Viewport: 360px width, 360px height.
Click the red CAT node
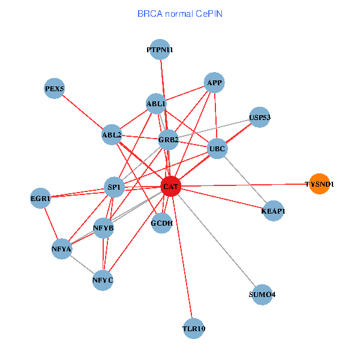coord(170,187)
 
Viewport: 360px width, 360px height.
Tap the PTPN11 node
coord(160,50)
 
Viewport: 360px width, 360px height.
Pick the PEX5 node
coord(54,89)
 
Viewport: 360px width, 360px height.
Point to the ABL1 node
coord(156,104)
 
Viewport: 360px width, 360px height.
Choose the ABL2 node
coord(112,134)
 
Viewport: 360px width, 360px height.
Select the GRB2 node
coord(168,140)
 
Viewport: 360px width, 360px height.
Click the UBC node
coord(217,148)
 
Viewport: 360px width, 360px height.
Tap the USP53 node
coord(260,118)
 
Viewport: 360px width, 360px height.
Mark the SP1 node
coord(114,187)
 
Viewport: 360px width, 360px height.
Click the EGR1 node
coord(41,197)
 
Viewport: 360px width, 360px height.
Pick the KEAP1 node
coord(273,211)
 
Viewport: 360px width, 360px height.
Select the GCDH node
coord(162,223)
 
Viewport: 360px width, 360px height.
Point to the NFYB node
coord(104,228)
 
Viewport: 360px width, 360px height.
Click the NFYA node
coord(62,248)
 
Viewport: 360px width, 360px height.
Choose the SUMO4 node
coord(262,295)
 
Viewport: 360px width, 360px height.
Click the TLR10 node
coord(194,329)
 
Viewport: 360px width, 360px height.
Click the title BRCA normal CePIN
coord(180,13)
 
